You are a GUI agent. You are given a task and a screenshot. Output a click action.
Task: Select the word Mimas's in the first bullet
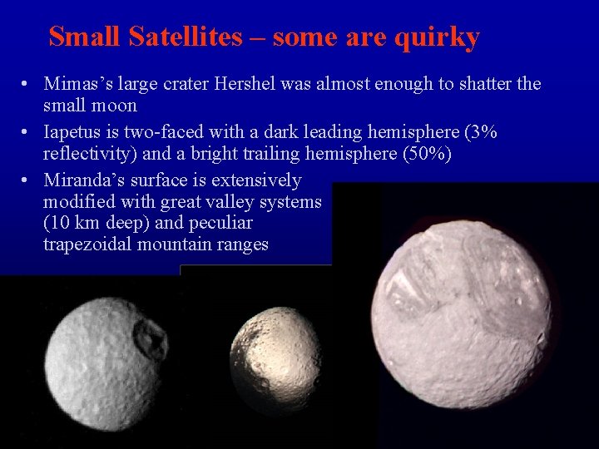pos(78,84)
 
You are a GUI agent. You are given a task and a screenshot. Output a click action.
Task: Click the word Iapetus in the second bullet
pos(74,132)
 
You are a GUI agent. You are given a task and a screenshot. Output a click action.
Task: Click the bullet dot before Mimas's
pos(27,85)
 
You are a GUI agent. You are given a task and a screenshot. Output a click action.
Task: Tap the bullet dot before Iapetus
pos(27,133)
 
